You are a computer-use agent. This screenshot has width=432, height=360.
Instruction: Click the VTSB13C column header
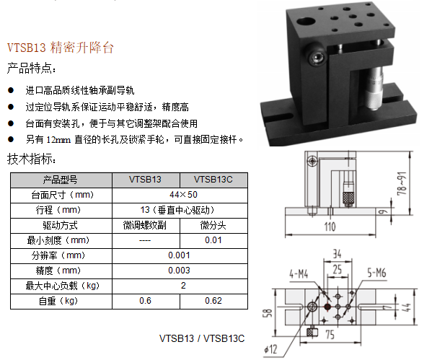tap(213, 180)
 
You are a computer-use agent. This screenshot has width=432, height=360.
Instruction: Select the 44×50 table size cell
tap(183, 195)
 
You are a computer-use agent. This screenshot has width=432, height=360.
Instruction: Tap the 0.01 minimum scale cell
tap(213, 240)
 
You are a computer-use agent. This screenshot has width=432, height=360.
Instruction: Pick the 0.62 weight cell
tap(213, 300)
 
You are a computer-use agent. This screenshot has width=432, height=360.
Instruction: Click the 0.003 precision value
tap(179, 270)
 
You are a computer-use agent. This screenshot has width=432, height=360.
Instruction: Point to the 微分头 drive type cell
tap(213, 225)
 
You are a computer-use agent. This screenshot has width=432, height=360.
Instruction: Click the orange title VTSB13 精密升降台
tap(61, 48)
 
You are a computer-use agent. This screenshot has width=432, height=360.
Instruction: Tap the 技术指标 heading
tap(31, 159)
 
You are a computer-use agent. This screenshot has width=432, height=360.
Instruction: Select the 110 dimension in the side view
tap(330, 227)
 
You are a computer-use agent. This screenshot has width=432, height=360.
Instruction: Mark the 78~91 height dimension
tap(402, 183)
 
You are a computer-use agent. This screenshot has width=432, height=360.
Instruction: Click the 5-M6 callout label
tap(376, 273)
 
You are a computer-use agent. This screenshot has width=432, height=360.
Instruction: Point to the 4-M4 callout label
tap(299, 274)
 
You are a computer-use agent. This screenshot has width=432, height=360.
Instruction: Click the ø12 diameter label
tap(270, 349)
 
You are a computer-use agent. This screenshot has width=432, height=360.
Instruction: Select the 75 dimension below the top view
tap(330, 335)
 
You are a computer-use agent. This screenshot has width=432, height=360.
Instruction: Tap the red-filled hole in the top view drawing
tap(327, 307)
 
